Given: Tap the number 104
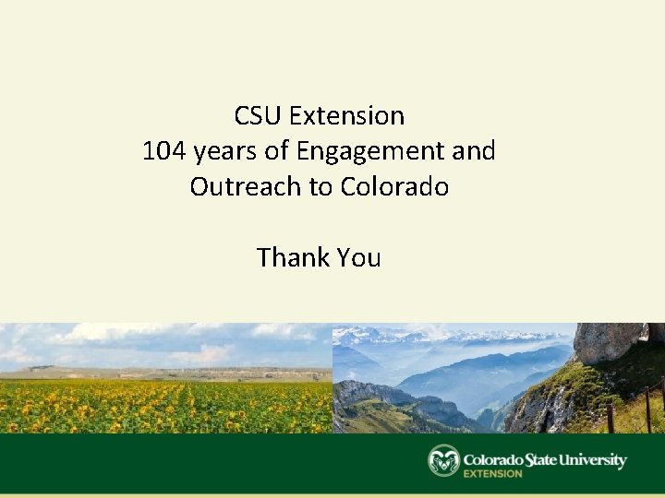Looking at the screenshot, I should (x=164, y=151).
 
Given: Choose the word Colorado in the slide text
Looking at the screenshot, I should (x=394, y=186).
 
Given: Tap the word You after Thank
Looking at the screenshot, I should (x=359, y=257).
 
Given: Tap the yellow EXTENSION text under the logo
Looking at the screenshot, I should (x=492, y=474).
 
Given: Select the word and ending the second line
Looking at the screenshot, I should (x=475, y=151).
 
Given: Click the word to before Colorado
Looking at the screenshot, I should (x=320, y=186).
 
